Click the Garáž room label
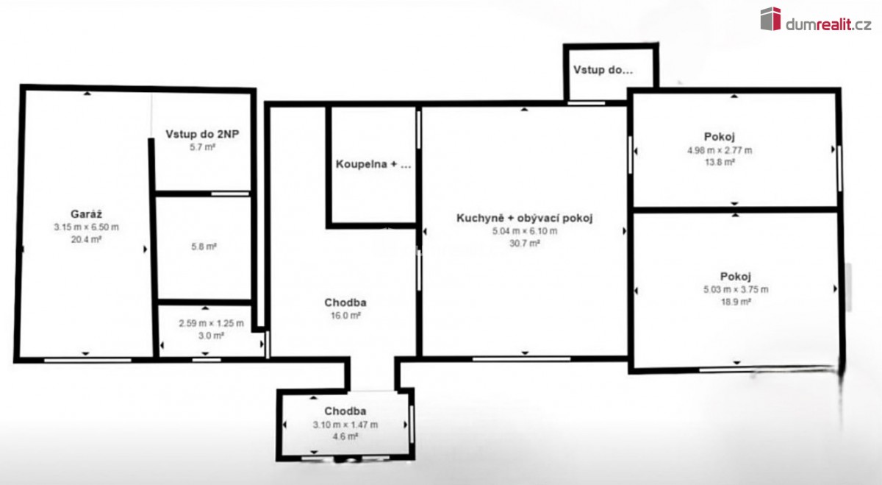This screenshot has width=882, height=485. tap(86, 214)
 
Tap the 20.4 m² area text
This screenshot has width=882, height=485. tap(86, 239)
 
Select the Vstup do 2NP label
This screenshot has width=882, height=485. tap(202, 134)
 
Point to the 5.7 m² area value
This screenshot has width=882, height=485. tap(202, 147)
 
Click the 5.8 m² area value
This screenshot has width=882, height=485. tap(204, 247)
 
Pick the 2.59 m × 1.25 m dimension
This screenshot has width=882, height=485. tap(212, 323)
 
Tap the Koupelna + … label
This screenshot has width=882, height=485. tap(373, 164)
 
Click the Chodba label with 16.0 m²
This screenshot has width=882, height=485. tap(345, 302)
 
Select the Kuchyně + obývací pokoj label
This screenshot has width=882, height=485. tap(525, 218)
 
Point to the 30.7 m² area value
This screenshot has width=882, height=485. tap(525, 244)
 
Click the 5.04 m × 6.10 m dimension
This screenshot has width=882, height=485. tap(525, 231)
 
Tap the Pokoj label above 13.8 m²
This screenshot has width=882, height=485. tap(720, 137)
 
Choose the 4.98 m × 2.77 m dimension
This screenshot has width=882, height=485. tap(720, 150)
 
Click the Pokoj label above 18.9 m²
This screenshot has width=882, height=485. tap(736, 277)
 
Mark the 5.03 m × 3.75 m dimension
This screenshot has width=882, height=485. tap(736, 289)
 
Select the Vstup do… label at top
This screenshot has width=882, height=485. tap(603, 70)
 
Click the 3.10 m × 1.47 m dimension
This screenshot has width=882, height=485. tap(345, 425)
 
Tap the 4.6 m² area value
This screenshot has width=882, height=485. tap(345, 436)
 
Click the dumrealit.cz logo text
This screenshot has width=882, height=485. tap(828, 24)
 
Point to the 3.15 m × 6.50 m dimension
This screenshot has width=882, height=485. tap(86, 227)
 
